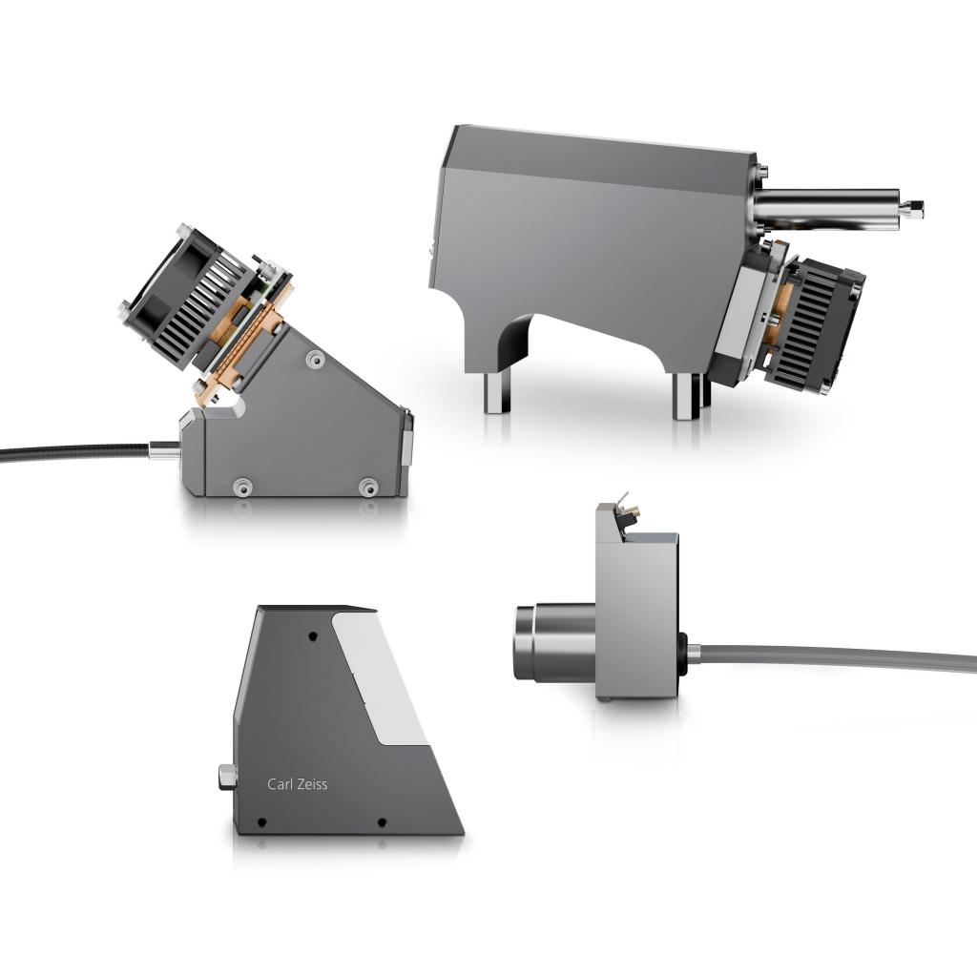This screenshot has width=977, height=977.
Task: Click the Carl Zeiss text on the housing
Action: tap(297, 784)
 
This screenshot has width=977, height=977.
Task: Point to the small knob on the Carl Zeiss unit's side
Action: tap(225, 776)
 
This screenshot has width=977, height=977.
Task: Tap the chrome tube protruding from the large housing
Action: tap(830, 203)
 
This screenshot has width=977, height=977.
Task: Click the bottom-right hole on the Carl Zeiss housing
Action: tap(382, 821)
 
